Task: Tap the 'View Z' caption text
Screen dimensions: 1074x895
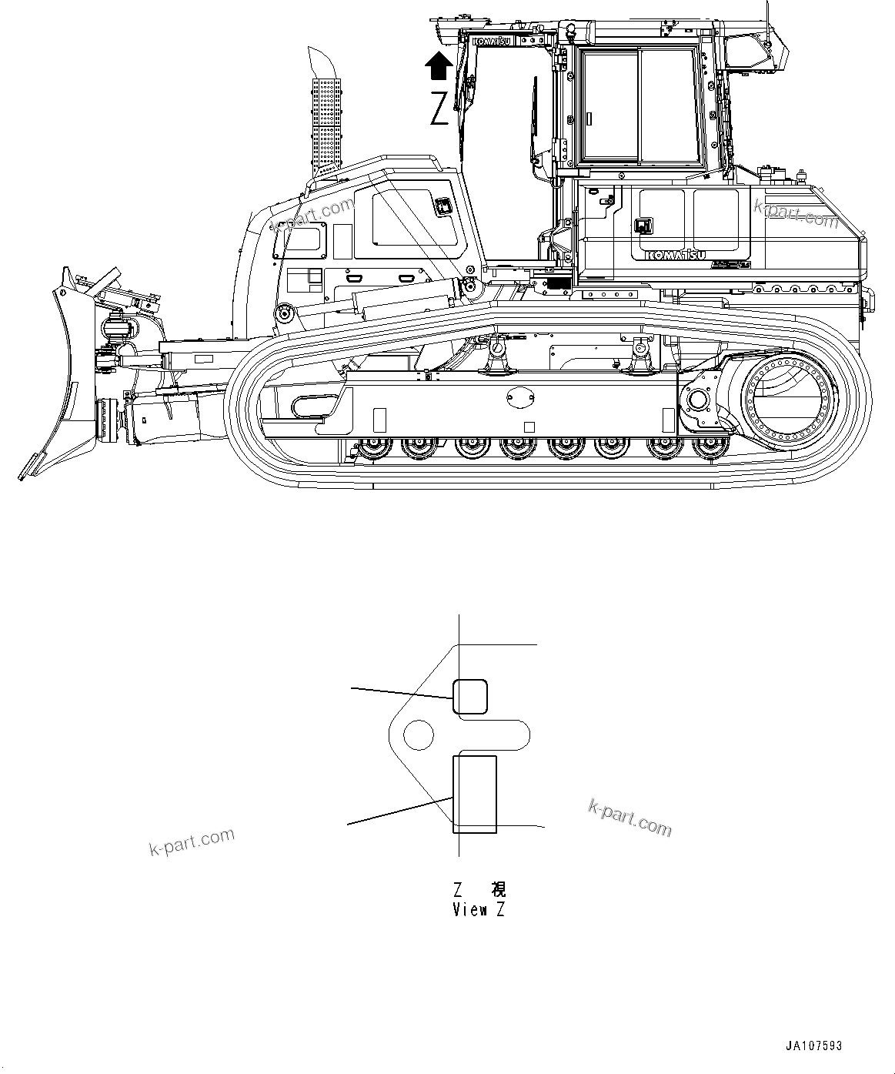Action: pyautogui.click(x=479, y=910)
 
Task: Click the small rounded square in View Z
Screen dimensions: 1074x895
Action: pyautogui.click(x=469, y=696)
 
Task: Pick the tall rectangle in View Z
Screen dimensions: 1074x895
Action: pyautogui.click(x=474, y=794)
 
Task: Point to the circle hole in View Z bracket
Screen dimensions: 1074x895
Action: pyautogui.click(x=419, y=734)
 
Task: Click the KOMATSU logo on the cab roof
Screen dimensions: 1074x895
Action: pyautogui.click(x=493, y=40)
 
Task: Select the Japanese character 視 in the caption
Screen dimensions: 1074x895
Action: pyautogui.click(x=499, y=890)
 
